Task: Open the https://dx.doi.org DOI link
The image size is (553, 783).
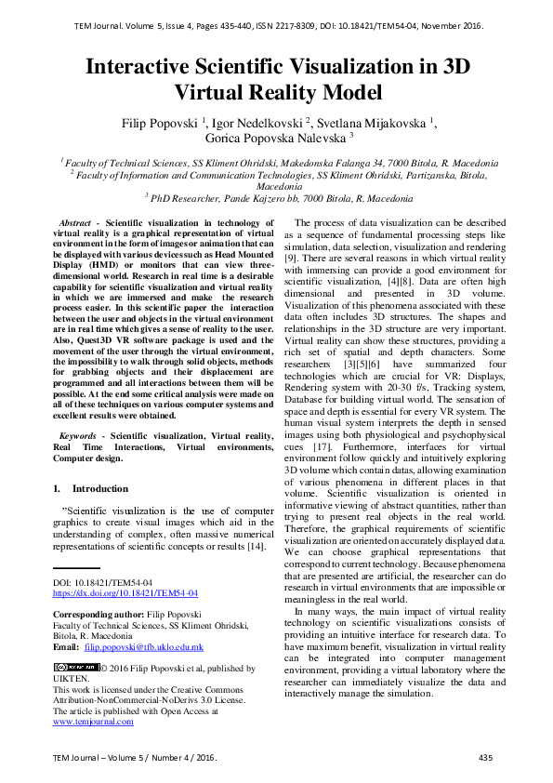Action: coord(125,592)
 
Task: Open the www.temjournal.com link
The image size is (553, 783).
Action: coord(94,721)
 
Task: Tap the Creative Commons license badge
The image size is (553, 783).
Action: coord(76,667)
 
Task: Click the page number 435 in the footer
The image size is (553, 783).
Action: coord(485,759)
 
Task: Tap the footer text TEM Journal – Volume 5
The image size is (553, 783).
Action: coord(102,759)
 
